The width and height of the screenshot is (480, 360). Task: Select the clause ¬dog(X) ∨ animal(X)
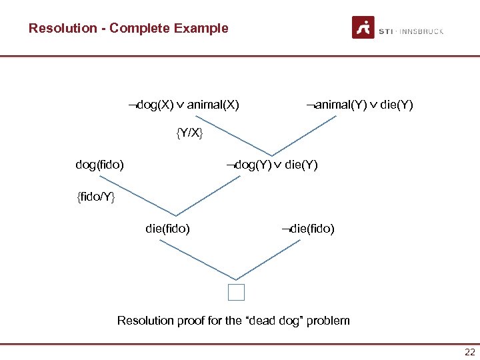184,105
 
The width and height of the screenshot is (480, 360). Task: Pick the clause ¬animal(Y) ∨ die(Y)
359,105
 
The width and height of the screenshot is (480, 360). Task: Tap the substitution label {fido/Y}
96,197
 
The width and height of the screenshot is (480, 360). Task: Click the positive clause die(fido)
167,229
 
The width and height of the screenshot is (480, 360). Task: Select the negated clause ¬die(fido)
308,229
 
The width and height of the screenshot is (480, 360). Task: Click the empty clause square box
235,292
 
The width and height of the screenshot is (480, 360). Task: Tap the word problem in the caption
328,321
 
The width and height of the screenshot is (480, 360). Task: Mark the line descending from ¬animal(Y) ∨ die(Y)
303,136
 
